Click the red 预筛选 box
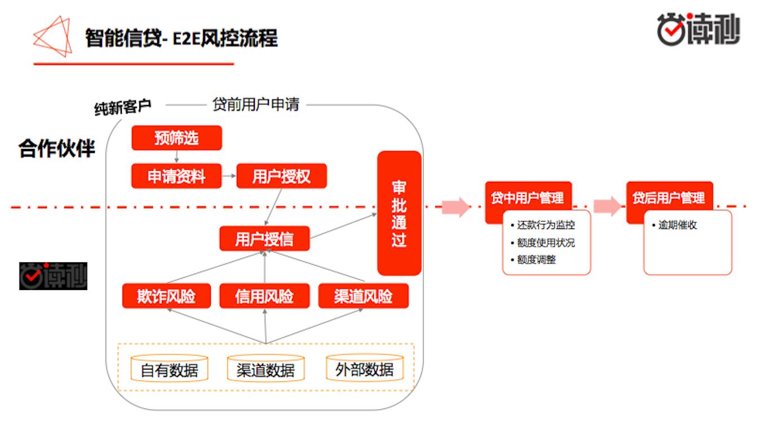click(x=176, y=138)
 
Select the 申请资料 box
click(x=176, y=177)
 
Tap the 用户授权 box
click(x=281, y=177)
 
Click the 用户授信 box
click(x=264, y=239)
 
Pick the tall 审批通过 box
click(x=399, y=213)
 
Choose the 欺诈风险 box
click(x=166, y=296)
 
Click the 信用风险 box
click(x=264, y=296)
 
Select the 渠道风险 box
click(x=363, y=296)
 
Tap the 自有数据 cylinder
click(x=169, y=369)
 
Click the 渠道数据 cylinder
click(x=266, y=369)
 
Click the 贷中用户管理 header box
click(x=528, y=198)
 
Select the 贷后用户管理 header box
click(x=669, y=198)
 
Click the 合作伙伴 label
click(x=57, y=148)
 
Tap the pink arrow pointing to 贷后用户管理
click(x=607, y=206)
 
